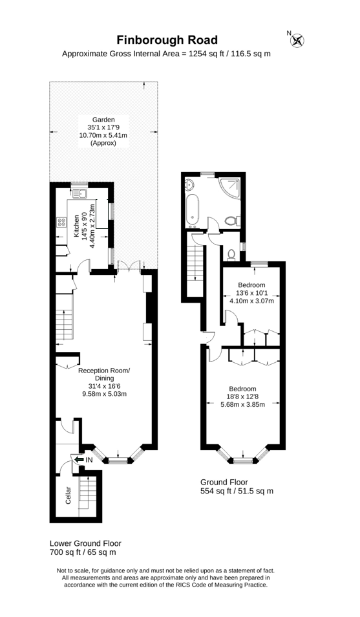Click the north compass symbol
(298, 40)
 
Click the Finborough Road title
(167, 40)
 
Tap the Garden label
(103, 120)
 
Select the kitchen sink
(80, 193)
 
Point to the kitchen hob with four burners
(62, 222)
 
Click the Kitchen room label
(77, 226)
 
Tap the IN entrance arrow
(79, 459)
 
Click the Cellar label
(68, 495)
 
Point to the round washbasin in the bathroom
(189, 184)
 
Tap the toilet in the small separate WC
(231, 255)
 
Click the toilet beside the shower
(232, 221)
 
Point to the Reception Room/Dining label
(104, 374)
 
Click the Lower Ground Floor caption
(85, 543)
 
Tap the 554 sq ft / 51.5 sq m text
(237, 491)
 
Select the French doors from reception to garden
(129, 266)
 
